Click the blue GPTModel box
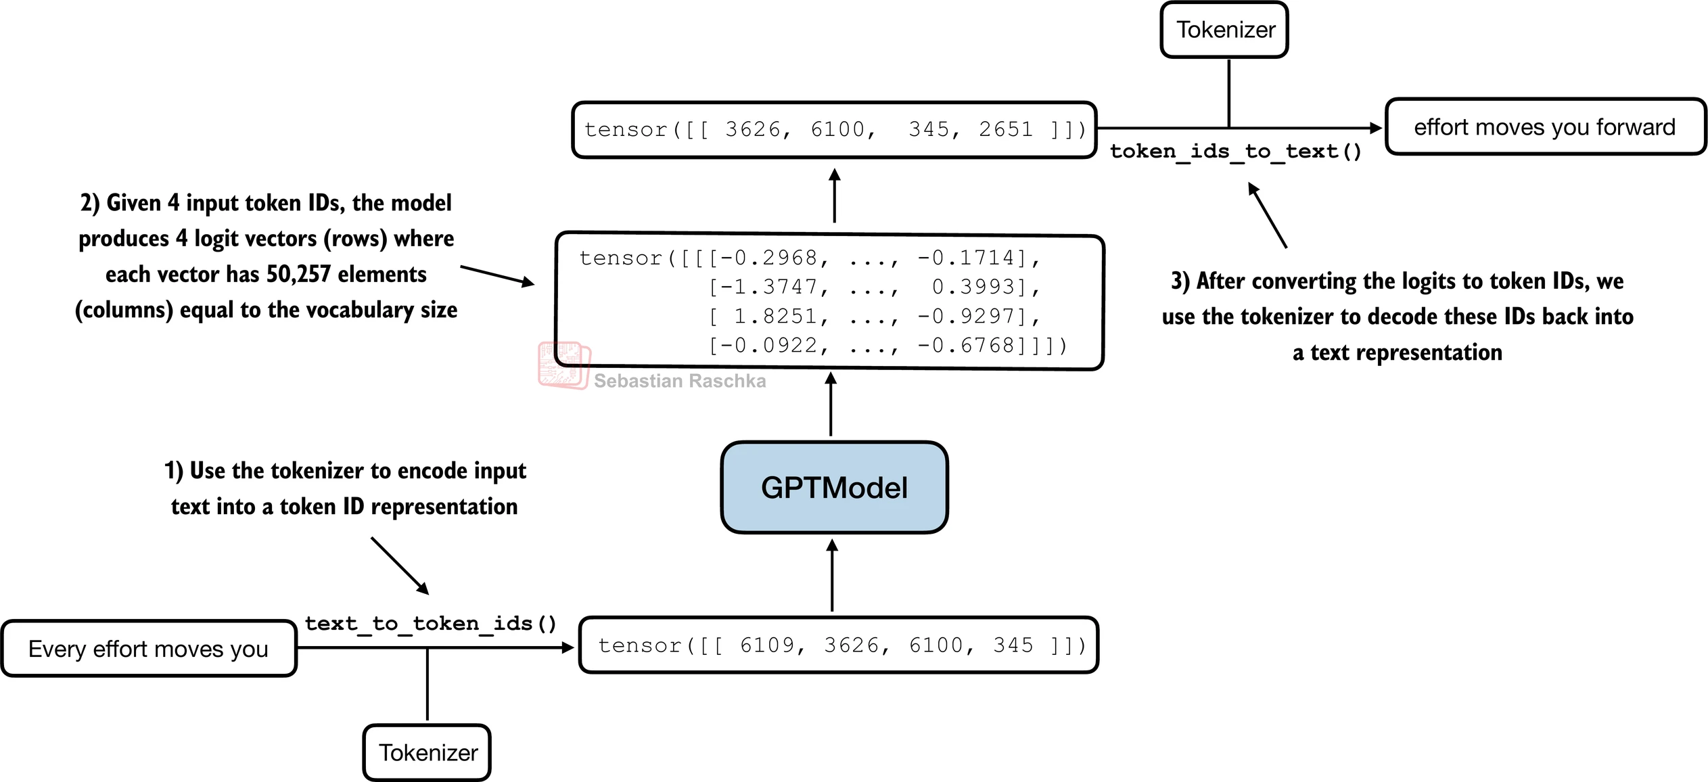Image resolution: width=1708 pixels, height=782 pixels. [x=834, y=488]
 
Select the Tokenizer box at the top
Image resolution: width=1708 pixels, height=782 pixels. [x=1224, y=30]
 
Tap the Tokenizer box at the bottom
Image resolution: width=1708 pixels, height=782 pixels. [x=427, y=752]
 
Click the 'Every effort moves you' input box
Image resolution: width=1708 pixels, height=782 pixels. [x=149, y=649]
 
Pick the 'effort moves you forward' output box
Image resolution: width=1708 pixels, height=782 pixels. [x=1545, y=127]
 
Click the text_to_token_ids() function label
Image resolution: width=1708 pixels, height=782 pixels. [x=430, y=623]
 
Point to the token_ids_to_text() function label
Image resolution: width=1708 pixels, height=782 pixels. [x=1235, y=152]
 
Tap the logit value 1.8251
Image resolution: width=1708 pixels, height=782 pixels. [x=775, y=316]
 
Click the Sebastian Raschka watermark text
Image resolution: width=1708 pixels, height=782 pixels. [x=679, y=381]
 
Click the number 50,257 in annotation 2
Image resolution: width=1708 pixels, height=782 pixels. [x=298, y=274]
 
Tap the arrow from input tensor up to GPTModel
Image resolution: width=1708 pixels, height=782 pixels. [x=832, y=575]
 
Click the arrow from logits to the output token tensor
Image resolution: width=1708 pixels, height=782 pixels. [x=835, y=195]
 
